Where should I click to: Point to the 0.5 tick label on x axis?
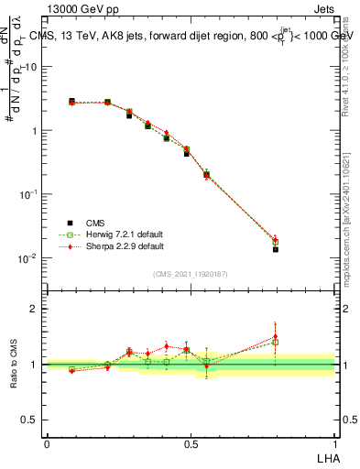tap(191, 442)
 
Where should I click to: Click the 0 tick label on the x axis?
tap(47, 442)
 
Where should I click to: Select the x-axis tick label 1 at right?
tap(334, 442)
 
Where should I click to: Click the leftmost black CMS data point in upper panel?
tap(71, 101)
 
